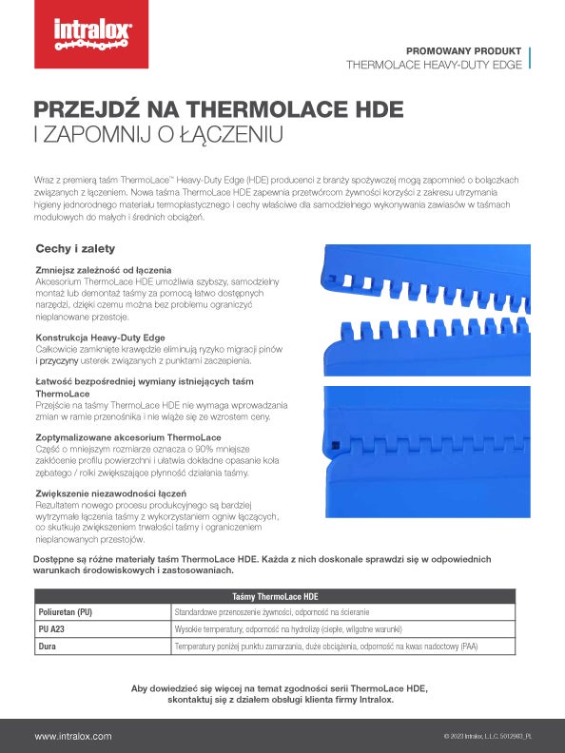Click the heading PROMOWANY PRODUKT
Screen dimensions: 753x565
pyautogui.click(x=463, y=49)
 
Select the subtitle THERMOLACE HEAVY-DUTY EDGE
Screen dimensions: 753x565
pyautogui.click(x=435, y=66)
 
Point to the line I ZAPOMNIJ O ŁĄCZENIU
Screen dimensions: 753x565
pyautogui.click(x=159, y=134)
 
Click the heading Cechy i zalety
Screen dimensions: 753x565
pyautogui.click(x=75, y=249)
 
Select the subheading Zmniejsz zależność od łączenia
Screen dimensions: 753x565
pyautogui.click(x=103, y=271)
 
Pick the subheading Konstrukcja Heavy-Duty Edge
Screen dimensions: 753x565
pyautogui.click(x=101, y=338)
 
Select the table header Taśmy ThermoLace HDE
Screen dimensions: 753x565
pyautogui.click(x=275, y=595)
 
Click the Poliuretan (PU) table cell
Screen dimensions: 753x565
pyautogui.click(x=66, y=612)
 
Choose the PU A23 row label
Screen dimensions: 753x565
pyautogui.click(x=51, y=629)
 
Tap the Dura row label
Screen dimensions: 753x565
pyautogui.click(x=47, y=647)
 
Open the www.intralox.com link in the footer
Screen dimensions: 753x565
pyautogui.click(x=73, y=736)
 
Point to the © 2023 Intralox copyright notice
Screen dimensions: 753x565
pyautogui.click(x=487, y=737)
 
